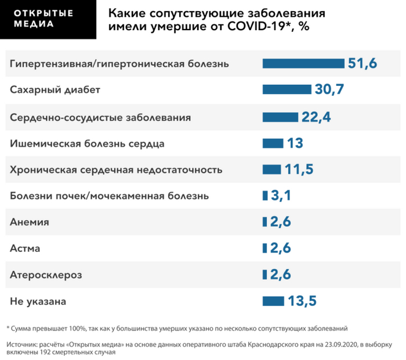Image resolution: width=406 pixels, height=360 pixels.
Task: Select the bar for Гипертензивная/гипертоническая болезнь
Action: (303, 63)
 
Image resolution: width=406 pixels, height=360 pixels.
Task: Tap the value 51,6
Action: (362, 63)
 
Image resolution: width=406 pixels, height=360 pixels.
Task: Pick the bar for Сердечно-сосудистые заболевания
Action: (280, 117)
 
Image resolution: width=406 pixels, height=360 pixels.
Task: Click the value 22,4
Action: (316, 117)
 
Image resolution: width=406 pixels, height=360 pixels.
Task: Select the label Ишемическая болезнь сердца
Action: (88, 143)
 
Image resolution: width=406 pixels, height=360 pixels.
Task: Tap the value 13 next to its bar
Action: (295, 143)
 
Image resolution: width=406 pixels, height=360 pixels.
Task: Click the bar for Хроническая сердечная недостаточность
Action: (271, 170)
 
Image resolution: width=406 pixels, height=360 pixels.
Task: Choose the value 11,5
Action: (299, 170)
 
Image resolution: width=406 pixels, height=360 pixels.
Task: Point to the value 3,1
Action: (281, 196)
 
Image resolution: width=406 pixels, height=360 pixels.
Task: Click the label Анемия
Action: (30, 222)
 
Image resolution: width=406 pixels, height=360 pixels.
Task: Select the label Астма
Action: (26, 249)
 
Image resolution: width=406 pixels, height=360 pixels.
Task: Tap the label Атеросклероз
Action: (46, 275)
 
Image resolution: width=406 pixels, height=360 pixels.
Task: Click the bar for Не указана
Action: (273, 301)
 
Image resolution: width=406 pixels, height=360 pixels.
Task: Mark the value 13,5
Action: (302, 301)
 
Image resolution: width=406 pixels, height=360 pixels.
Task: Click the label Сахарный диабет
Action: (55, 90)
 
